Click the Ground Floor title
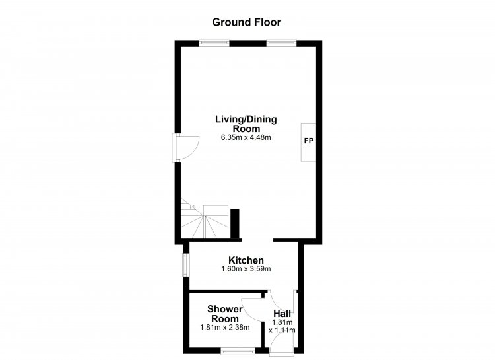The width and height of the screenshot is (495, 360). pos(247,22)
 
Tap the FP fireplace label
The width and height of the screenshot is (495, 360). pos(309,141)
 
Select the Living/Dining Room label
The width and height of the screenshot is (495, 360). pos(246,124)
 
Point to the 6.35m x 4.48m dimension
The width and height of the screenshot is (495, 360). pos(246,137)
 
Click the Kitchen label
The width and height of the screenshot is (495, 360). pos(246,260)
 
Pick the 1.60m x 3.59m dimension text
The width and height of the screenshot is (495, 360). pos(246,269)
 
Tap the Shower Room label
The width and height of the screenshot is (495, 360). pos(225,314)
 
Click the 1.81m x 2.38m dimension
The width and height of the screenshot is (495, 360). pos(225,328)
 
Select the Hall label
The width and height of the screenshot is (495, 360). pos(282,314)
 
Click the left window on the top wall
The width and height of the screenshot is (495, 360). pos(214,43)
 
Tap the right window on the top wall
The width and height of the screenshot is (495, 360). pos(282,43)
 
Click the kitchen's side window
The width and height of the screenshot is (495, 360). pos(187,265)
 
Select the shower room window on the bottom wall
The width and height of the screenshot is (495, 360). pos(238,351)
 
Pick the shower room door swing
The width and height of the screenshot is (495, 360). pos(253,310)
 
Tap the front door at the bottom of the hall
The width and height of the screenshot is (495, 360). pos(281,344)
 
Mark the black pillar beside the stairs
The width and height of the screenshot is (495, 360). pos(235,224)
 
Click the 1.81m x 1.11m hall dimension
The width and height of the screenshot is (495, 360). pos(282,326)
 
